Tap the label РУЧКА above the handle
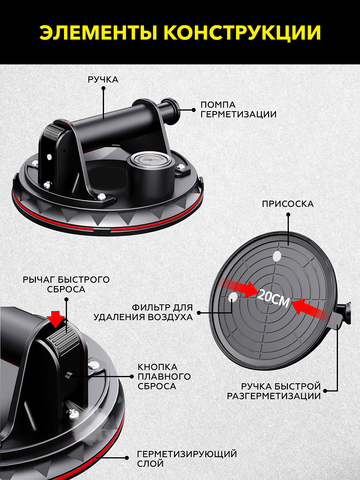103,80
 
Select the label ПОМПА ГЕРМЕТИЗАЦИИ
238,110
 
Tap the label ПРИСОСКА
288,204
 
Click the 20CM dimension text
273,298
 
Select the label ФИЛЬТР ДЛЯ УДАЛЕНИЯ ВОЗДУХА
143,312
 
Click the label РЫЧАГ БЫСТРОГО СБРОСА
66,284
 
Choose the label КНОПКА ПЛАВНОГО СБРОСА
164,376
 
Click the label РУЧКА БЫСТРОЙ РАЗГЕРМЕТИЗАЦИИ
274,392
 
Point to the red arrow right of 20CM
310,308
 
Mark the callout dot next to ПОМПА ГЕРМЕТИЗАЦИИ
194,110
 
